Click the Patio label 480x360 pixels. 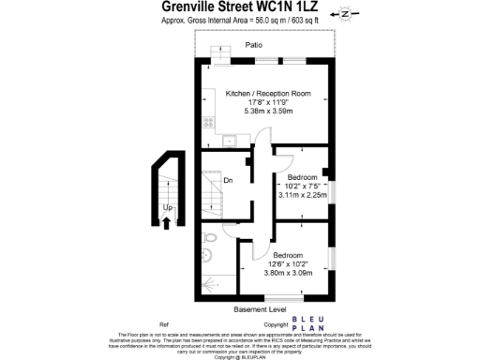click(253, 45)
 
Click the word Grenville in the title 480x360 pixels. click(185, 7)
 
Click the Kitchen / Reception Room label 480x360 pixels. click(267, 93)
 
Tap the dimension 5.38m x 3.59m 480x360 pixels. click(267, 111)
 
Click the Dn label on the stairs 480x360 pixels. click(227, 180)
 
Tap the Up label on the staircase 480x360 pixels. click(167, 208)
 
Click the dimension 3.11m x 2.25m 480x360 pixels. click(302, 195)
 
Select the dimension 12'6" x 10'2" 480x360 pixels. click(287, 263)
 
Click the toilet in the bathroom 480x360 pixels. click(209, 240)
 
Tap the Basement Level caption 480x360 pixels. click(261, 309)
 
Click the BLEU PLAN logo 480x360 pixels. click(308, 324)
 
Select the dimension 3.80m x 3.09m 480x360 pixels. click(287, 273)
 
